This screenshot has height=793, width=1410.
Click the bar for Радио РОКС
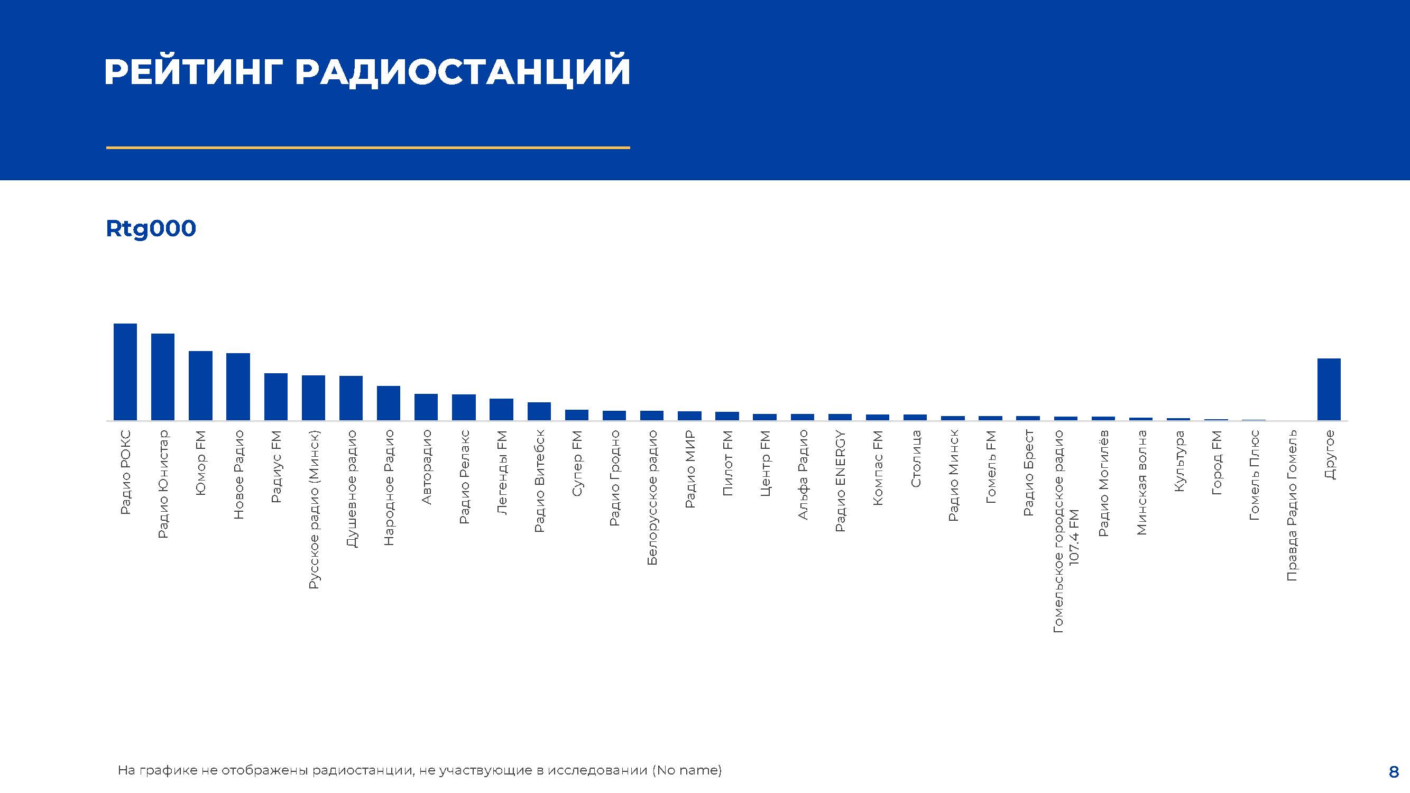tap(125, 372)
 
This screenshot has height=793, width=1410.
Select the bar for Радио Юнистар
tap(162, 377)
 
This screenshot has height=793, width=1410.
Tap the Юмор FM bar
tap(200, 386)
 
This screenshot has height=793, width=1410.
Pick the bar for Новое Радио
tap(238, 387)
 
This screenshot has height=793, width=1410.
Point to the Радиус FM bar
tap(276, 397)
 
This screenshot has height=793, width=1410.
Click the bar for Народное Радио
tap(389, 403)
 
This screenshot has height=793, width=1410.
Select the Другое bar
tap(1329, 390)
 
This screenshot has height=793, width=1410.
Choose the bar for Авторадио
tap(426, 407)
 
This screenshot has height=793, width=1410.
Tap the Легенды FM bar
tap(501, 409)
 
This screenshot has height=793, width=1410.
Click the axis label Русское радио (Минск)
tap(314, 510)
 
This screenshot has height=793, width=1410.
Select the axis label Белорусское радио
tap(652, 497)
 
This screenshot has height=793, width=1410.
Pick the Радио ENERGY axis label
tap(840, 481)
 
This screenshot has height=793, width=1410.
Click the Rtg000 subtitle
tap(151, 229)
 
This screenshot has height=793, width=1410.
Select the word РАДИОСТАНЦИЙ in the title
tap(463, 71)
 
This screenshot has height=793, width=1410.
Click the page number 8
tap(1394, 772)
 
